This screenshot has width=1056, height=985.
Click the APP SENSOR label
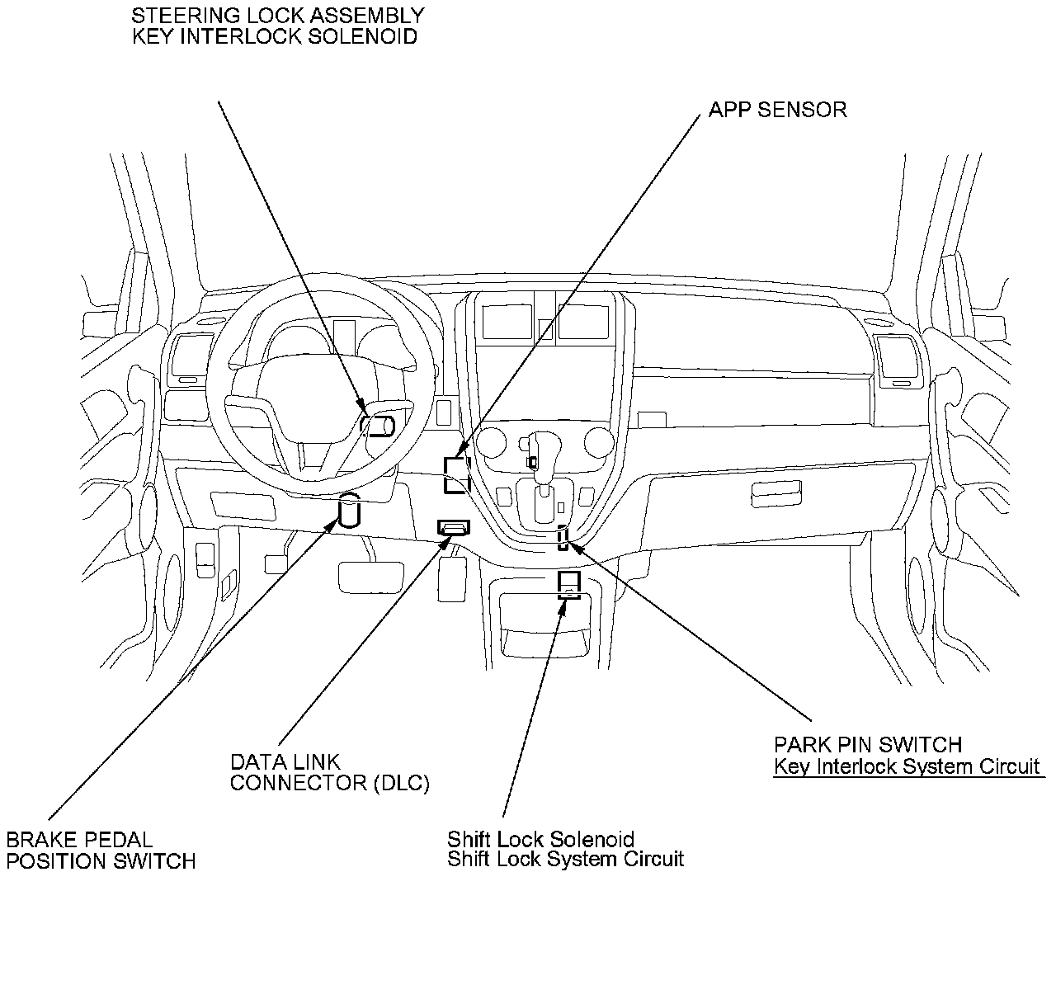pos(777,110)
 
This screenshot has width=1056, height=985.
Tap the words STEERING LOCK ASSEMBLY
pos(278,16)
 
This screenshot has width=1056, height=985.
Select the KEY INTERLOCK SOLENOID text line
pos(275,37)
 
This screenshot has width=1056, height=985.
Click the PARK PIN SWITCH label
pos(867,745)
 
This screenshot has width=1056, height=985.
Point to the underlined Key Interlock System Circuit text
pos(907,766)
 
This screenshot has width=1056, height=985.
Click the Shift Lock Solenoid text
pos(540,840)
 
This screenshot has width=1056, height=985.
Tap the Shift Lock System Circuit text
pos(565,860)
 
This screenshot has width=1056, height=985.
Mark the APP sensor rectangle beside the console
pos(456,475)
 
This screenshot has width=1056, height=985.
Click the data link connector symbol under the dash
pos(453,526)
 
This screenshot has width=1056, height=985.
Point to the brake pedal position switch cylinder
pos(350,511)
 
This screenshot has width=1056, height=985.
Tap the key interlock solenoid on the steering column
pos(379,425)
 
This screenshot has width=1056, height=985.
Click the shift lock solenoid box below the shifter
pos(569,585)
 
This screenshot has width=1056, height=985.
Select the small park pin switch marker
pos(563,537)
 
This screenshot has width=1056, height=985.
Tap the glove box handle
pos(776,495)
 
